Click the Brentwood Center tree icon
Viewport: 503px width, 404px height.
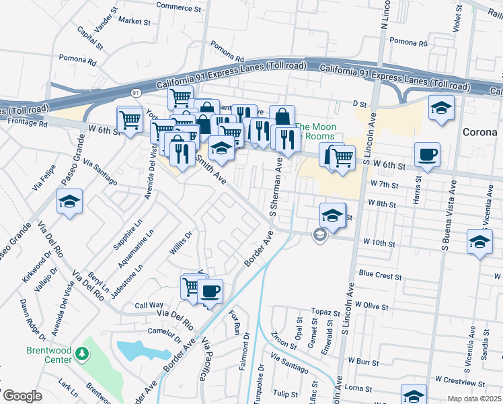tap(82, 353)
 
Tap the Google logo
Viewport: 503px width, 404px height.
tap(22, 396)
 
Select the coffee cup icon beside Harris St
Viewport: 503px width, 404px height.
tap(427, 155)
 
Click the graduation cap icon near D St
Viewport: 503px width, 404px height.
tap(440, 108)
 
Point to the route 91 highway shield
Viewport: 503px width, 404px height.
tap(136, 92)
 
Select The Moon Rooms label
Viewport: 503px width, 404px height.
tap(316, 131)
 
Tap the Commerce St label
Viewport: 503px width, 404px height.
tap(179, 5)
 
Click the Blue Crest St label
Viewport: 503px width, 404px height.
tap(380, 275)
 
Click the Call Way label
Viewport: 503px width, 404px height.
tap(149, 305)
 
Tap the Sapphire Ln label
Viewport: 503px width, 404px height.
tap(129, 232)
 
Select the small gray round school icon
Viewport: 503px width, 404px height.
tap(320, 234)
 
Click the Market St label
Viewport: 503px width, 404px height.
tap(134, 22)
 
